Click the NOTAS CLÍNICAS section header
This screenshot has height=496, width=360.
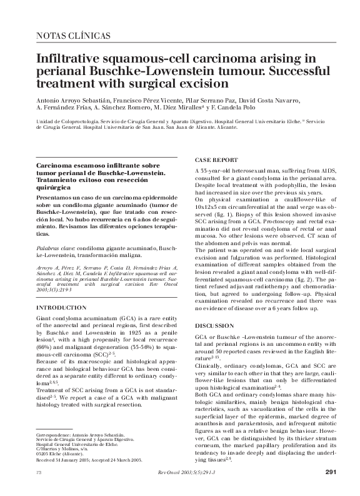[x=74, y=37]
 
